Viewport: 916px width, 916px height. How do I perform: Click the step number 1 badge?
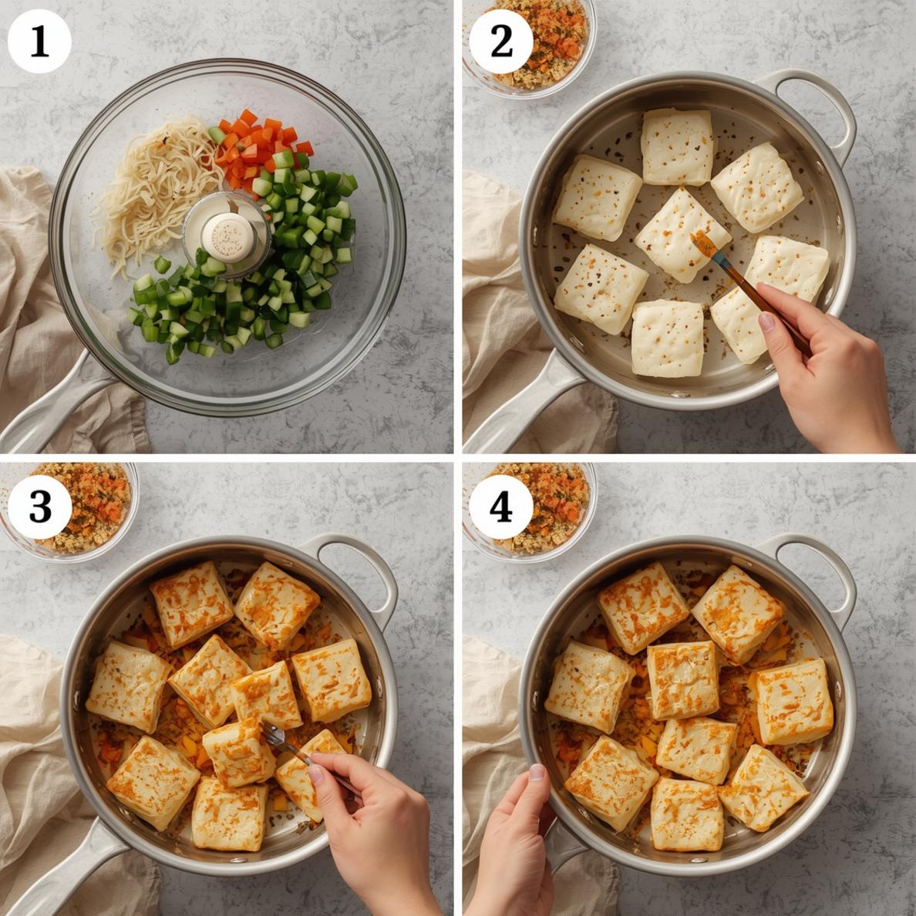pos(39,42)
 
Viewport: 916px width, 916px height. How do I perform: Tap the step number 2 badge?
pos(500,42)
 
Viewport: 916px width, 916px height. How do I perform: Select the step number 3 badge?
pos(39,507)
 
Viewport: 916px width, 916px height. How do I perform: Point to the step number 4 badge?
pos(500,507)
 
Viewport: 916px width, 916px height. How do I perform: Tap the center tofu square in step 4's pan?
pos(683,679)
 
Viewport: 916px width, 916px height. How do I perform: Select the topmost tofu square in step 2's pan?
pos(678,146)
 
